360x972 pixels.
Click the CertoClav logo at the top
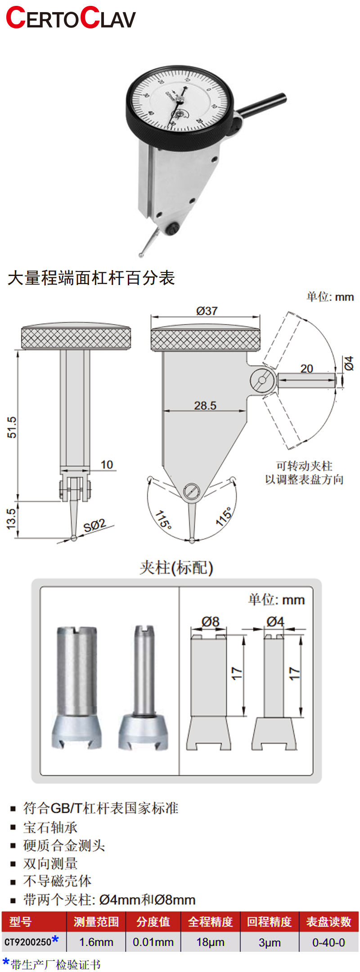pos(71,18)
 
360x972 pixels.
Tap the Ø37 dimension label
pos(207,311)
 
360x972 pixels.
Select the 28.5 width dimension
pos(205,405)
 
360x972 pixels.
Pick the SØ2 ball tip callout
pos(94,525)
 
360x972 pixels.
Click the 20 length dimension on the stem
pos(306,368)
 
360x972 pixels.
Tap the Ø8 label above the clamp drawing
pos(210,622)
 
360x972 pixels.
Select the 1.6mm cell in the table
pos(96,942)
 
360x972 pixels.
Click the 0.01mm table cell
pos(153,942)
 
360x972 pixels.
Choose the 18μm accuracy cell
pos(210,942)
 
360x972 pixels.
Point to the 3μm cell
pos(270,942)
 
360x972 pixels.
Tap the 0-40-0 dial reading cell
pos(328,942)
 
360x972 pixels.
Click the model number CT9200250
pos(28,942)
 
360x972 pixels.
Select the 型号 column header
pos(21,922)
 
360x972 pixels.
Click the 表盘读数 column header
pos(328,922)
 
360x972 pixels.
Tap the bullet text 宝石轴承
pos(50,827)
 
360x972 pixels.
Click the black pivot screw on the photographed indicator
pos(172,229)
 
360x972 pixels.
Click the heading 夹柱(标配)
pos(176,567)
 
